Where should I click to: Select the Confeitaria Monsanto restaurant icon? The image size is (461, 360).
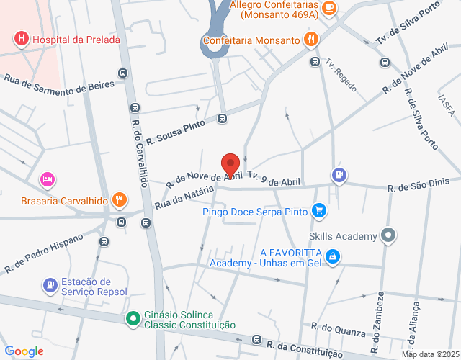(310, 40)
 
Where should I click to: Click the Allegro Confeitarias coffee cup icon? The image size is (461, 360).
(329, 8)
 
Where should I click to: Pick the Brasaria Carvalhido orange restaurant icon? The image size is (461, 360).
(120, 199)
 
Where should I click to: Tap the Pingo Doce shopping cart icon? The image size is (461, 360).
(319, 212)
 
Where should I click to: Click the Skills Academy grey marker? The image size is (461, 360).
(389, 235)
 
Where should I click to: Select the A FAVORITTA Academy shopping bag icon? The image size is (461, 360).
(331, 256)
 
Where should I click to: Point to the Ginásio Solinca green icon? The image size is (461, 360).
(133, 318)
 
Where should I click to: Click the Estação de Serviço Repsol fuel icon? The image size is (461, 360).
(50, 286)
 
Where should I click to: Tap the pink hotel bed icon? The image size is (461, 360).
(47, 178)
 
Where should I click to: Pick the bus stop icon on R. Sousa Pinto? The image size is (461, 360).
(223, 119)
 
